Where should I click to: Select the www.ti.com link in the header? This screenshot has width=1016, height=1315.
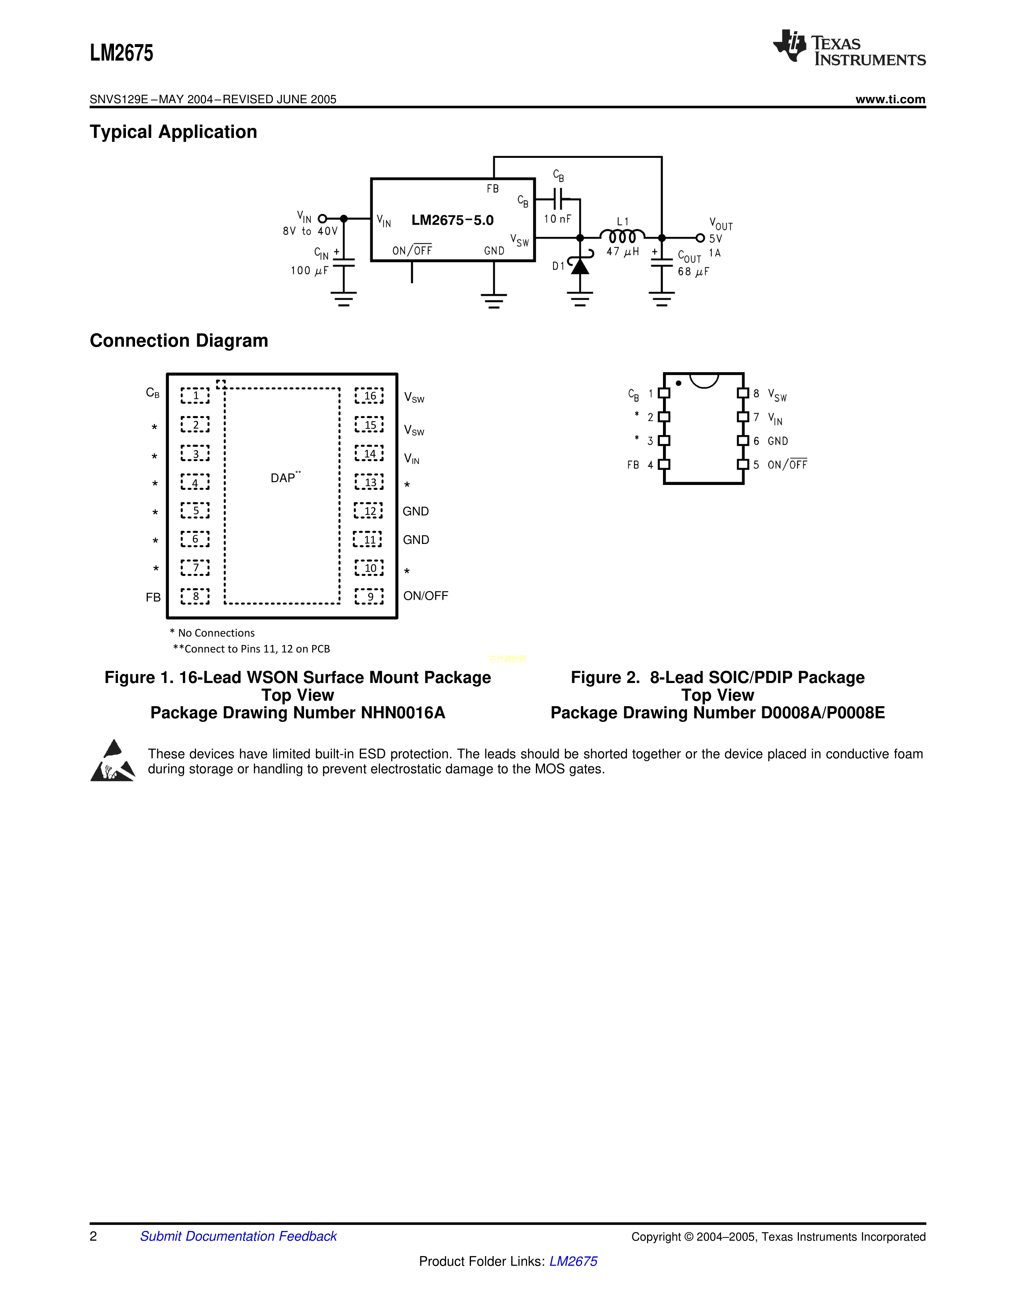890,99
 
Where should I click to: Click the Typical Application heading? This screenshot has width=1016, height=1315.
173,132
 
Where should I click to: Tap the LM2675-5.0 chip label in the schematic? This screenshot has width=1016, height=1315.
452,220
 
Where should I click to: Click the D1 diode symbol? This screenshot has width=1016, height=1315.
580,265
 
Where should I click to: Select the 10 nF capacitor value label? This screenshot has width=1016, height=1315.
557,219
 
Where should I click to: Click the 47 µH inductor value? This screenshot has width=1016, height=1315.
622,252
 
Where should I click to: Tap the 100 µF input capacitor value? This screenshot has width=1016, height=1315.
309,271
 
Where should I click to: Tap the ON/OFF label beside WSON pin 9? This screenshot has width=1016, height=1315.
426,596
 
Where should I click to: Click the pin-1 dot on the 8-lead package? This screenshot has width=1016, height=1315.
679,383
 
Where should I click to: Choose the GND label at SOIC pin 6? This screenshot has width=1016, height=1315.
778,442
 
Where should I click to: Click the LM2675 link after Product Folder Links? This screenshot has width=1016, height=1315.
573,1262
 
